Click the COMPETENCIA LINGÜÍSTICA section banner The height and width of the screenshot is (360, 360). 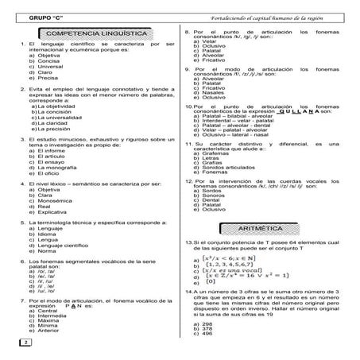pyautogui.click(x=90, y=33)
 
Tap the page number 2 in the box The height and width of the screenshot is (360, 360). pyautogui.click(x=25, y=343)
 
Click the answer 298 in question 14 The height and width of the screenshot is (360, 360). pyautogui.click(x=207, y=324)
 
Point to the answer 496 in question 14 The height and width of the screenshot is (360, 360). pyautogui.click(x=207, y=335)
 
